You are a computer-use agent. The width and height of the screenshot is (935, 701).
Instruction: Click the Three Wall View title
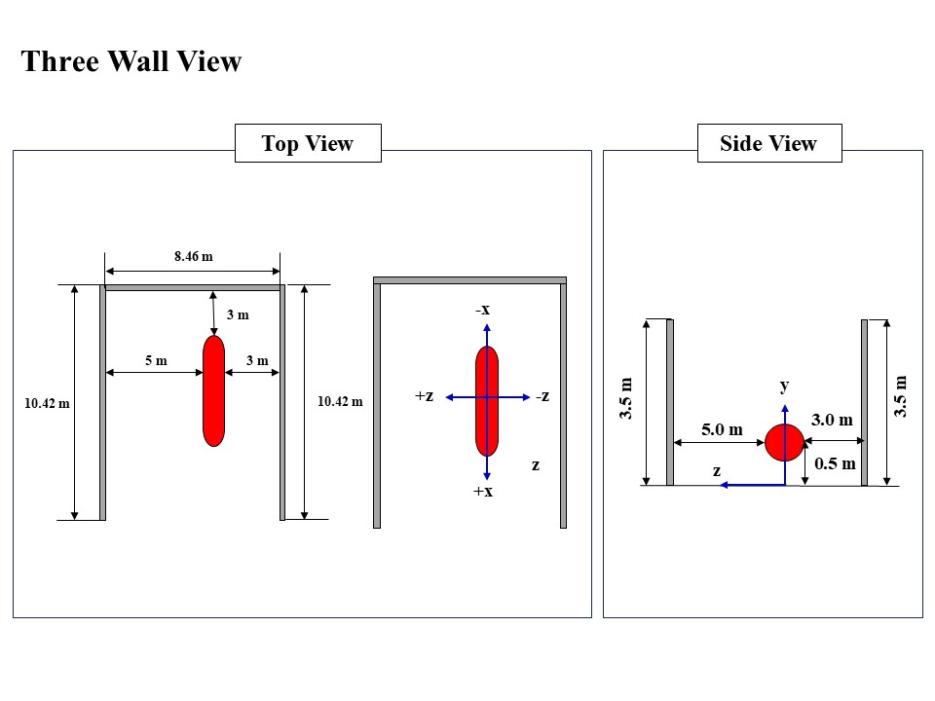[131, 62]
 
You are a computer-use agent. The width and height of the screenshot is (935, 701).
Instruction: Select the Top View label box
[307, 144]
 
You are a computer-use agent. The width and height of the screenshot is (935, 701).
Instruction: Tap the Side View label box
[768, 144]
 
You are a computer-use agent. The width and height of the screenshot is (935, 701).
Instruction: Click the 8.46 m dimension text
[193, 257]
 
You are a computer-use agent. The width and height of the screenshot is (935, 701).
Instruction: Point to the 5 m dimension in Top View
[156, 361]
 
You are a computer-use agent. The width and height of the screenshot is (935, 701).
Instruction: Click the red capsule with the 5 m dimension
[213, 391]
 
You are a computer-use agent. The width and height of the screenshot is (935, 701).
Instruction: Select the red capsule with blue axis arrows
[487, 400]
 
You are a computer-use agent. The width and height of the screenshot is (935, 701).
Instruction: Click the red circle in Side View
[784, 443]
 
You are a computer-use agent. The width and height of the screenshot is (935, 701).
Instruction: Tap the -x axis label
[482, 310]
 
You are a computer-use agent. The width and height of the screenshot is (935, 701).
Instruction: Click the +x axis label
[483, 492]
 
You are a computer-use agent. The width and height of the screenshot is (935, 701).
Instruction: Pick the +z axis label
[424, 396]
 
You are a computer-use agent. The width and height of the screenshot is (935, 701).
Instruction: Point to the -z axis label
[542, 396]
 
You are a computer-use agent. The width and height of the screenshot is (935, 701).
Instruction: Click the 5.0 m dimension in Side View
[722, 429]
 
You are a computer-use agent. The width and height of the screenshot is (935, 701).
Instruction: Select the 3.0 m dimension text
[832, 421]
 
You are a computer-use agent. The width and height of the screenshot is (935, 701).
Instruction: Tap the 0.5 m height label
[835, 464]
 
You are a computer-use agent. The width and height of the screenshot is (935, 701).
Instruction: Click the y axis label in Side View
[784, 386]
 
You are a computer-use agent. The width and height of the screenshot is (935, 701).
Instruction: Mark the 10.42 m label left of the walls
[47, 403]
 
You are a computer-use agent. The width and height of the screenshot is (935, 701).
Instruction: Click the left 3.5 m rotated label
[627, 399]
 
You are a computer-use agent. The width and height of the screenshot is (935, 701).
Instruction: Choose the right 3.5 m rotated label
[901, 397]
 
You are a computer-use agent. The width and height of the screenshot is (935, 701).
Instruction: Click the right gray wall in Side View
[864, 402]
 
